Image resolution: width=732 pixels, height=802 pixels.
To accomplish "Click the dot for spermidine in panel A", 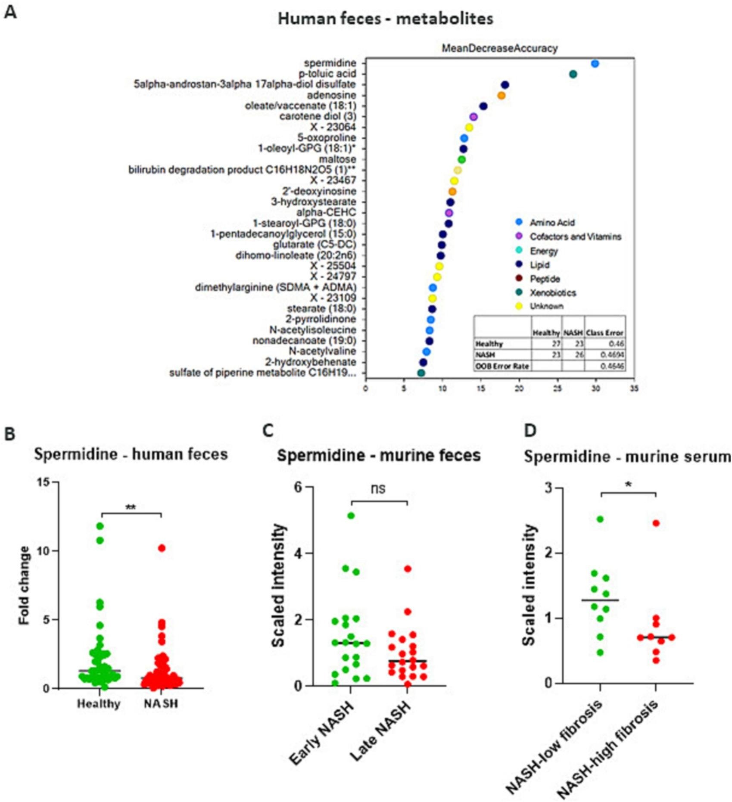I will click(595, 64).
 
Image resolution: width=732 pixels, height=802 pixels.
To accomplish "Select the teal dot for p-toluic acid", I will click(573, 75).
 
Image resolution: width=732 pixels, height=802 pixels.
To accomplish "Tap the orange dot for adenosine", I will click(501, 96).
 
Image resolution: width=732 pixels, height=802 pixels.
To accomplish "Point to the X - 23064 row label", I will click(333, 127).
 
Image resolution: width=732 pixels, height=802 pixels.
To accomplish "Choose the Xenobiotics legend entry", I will click(553, 293).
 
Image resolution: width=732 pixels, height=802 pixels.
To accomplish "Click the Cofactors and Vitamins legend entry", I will click(575, 237).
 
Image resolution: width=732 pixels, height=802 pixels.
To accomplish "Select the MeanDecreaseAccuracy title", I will click(500, 48).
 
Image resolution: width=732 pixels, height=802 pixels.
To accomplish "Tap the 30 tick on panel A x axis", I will click(596, 389).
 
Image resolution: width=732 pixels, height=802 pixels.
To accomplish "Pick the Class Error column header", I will click(604, 333).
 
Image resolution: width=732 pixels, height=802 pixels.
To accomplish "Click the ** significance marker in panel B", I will click(131, 508).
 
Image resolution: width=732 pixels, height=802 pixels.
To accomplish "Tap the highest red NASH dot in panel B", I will click(161, 548).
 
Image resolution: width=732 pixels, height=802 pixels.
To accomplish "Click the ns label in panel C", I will click(378, 488).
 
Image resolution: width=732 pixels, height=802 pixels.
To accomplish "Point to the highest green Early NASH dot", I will click(351, 516).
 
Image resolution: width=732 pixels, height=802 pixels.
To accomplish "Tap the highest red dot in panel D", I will click(656, 523).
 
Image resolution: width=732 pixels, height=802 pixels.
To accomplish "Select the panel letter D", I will click(530, 430).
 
